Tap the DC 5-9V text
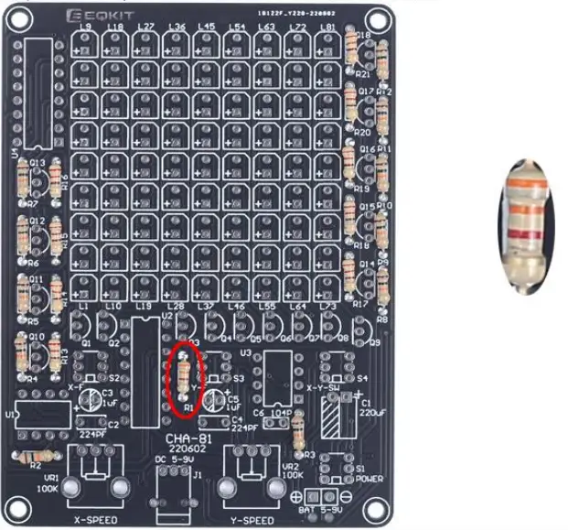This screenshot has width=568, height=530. [x=180, y=460]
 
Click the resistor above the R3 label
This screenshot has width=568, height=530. [x=297, y=437]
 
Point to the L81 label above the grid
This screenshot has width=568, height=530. [x=327, y=27]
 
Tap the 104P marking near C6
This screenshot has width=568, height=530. [x=280, y=414]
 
